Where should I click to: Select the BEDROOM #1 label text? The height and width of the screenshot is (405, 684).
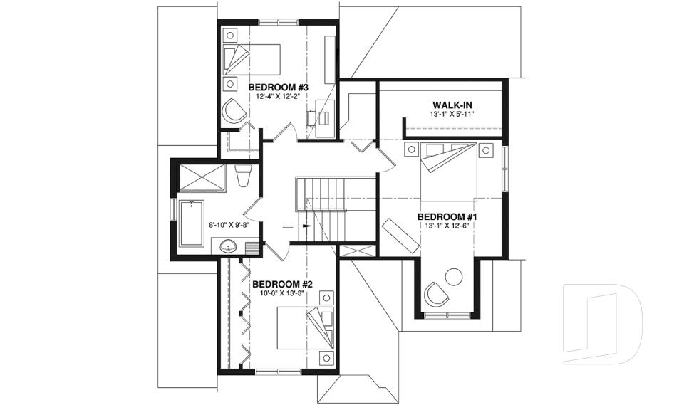point(447,216)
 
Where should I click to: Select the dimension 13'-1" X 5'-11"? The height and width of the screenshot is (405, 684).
point(452,115)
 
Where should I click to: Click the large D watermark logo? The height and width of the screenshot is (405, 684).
point(603,322)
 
